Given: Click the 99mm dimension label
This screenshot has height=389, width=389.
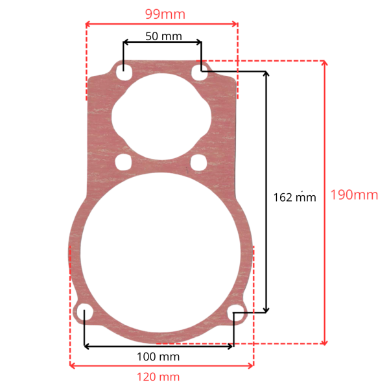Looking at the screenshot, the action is pos(165,14).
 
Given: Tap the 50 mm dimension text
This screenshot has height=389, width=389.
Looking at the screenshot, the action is pos(164,36).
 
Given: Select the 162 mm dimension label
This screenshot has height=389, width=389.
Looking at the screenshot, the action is pos(295,198).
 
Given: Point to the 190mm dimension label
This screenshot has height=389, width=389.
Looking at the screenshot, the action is pos(354,194).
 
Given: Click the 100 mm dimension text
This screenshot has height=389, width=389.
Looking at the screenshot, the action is pos(158,357).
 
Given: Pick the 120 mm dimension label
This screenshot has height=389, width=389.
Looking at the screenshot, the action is pos(158,377).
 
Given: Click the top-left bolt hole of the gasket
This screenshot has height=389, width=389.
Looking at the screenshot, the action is pos(124,72).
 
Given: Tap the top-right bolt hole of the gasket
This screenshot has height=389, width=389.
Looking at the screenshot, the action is pos(199,72).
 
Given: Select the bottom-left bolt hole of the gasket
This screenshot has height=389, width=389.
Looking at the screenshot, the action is pos(84,311).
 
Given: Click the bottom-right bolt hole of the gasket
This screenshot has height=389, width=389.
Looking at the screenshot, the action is pos(236,313).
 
